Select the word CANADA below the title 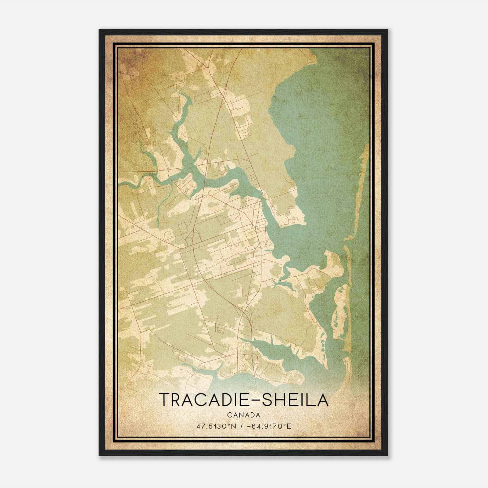coord(243,415)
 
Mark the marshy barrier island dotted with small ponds coord(342,311)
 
